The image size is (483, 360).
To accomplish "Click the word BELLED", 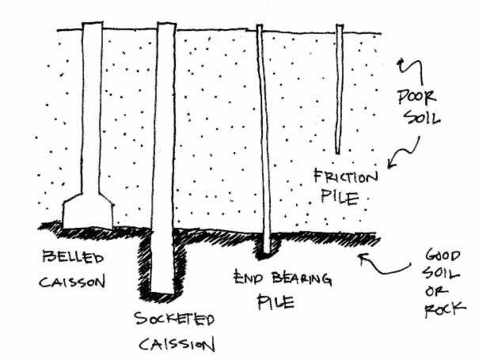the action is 73,258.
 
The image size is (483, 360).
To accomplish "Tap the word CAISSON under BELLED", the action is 72,282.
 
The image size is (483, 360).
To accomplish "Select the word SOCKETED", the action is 174,319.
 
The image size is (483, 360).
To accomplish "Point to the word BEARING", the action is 302,279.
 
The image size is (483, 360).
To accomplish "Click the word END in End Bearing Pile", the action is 249,277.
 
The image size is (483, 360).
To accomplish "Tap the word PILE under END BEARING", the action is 276,302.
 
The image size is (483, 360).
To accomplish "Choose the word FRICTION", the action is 345,176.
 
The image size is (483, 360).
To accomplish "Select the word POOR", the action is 416,97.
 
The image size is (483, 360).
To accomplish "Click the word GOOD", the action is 443,256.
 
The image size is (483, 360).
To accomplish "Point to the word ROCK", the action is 445,309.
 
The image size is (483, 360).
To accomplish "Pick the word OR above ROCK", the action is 434,291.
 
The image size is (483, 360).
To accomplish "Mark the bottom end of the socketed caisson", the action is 162,292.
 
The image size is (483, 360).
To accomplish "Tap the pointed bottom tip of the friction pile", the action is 337,153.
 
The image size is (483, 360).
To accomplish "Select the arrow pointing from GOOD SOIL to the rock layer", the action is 384,264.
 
